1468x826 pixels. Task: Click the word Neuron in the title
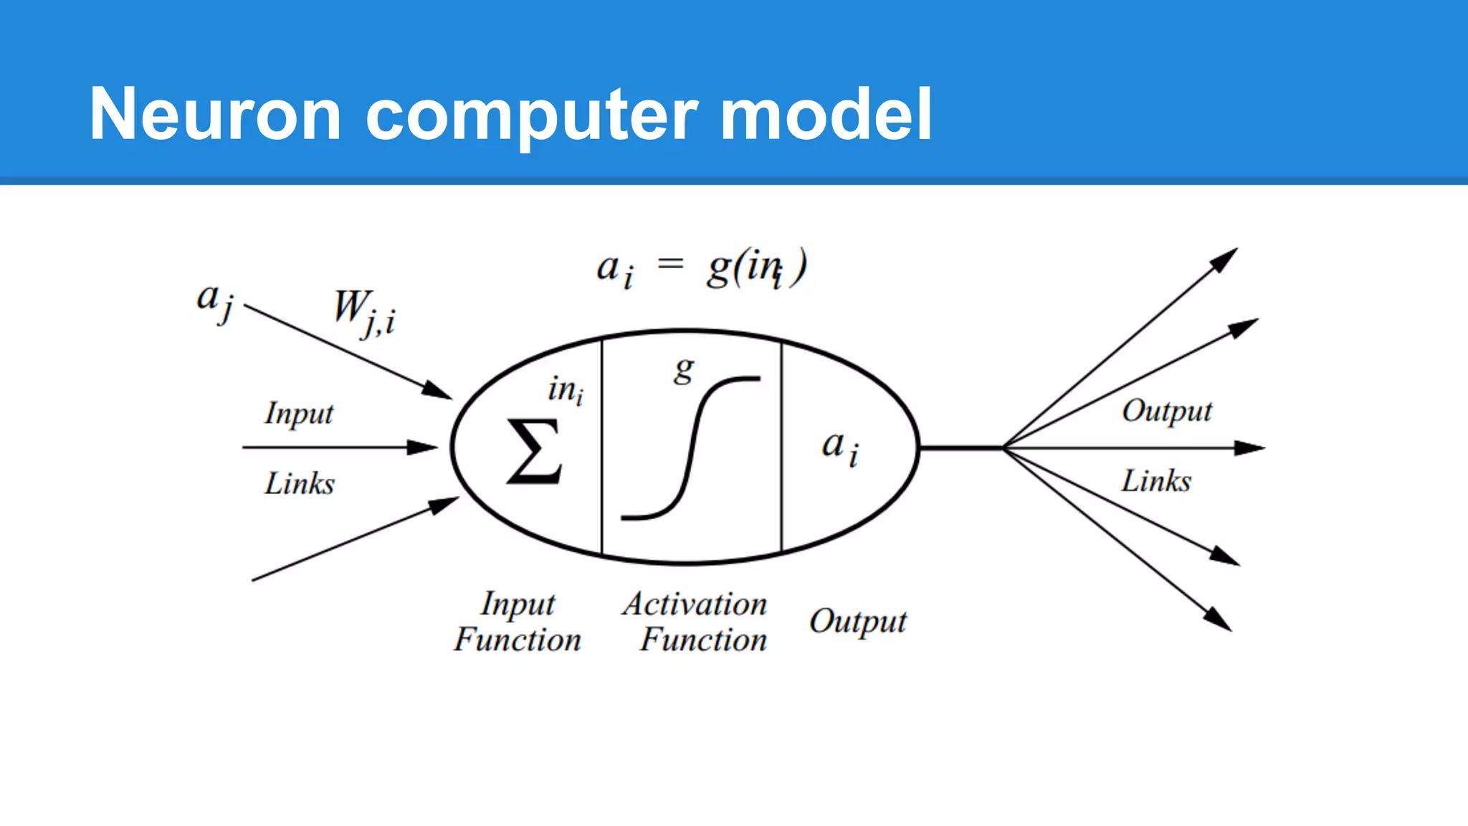point(215,115)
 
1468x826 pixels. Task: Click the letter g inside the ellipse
point(684,370)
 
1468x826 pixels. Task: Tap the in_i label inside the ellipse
point(566,391)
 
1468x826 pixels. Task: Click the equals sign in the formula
point(671,265)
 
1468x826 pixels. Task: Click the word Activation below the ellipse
point(695,604)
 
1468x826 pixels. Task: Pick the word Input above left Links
point(299,414)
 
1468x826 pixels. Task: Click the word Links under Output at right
point(1155,481)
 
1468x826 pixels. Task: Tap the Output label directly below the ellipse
point(857,621)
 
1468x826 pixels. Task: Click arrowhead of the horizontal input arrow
point(424,447)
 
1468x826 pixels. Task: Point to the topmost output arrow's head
point(1224,259)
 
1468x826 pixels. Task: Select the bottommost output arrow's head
point(1218,619)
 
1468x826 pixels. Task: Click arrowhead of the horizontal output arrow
point(1250,448)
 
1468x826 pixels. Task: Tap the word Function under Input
point(517,640)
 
